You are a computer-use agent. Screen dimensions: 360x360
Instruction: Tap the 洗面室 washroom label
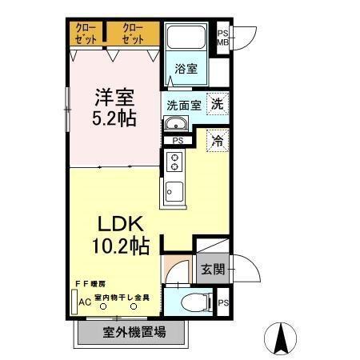[x=185, y=104]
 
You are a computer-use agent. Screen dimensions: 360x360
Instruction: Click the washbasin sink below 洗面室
[x=176, y=124]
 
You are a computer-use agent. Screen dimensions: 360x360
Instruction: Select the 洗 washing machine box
[x=217, y=103]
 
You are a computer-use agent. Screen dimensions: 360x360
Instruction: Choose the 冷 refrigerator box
[x=217, y=141]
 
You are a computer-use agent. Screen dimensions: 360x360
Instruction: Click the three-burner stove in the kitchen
[x=174, y=164]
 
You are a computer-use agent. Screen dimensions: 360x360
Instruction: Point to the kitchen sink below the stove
[x=174, y=193]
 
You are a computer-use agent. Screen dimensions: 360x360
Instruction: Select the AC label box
[x=83, y=302]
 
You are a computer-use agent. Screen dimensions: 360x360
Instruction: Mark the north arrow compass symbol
[x=282, y=337]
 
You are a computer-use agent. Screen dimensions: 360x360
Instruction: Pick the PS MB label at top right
[x=223, y=38]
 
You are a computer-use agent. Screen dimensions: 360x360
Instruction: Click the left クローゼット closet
[x=86, y=34]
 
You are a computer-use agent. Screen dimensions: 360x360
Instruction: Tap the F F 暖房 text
[x=90, y=284]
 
